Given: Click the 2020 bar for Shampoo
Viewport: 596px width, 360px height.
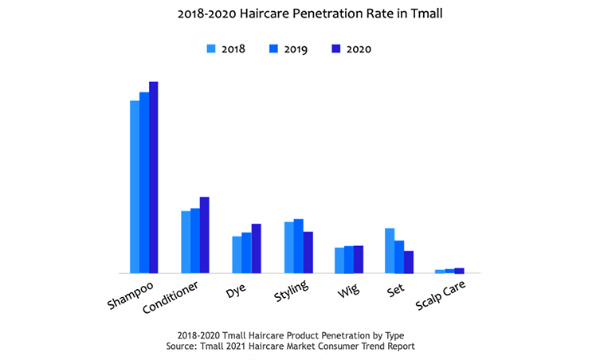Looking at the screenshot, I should coord(154,178).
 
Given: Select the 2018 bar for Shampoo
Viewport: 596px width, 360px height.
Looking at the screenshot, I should coord(135,187).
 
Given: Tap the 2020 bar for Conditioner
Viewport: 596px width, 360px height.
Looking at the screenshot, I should coord(205,235).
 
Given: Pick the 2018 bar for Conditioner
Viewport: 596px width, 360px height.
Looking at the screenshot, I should coord(186,242).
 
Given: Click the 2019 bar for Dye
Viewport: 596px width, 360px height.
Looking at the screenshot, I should coord(246,253).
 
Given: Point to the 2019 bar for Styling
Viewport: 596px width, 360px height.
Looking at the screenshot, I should coord(299,246).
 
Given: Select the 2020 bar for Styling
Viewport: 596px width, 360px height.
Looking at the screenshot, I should coord(308,252).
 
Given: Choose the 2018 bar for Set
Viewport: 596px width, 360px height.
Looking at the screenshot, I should coord(390,251).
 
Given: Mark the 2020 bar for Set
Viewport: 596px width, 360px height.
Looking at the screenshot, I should coord(409,262).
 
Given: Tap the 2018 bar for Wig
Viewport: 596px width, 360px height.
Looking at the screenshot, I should coord(339,260).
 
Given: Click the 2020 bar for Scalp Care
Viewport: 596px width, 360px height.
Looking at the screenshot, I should coord(459,271).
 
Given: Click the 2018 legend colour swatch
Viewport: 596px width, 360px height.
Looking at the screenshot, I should coord(211,49).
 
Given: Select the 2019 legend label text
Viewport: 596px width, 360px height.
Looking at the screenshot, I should coord(296,49).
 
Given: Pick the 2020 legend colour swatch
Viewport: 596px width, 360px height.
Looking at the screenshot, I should coord(335,49).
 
